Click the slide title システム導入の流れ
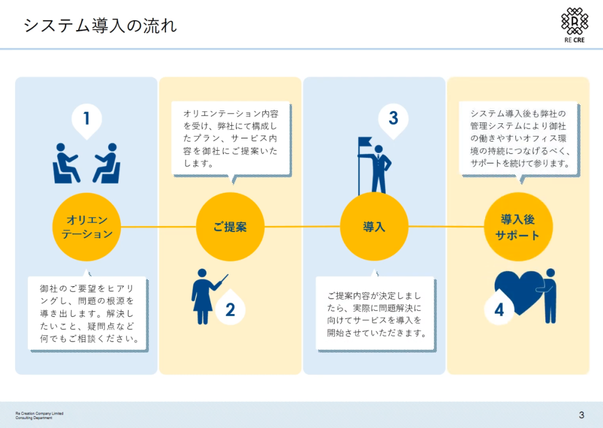100,25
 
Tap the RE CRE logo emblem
574,22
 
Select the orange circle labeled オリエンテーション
87,227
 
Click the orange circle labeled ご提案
230,227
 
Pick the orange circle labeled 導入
374,227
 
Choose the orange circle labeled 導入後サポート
518,227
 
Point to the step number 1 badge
87,119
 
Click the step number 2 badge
230,310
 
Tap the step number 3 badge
393,119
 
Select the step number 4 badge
499,310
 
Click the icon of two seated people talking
87,163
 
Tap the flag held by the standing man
365,143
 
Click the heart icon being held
516,287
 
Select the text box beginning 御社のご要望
88,313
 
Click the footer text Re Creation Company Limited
39,413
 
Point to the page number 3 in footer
581,415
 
